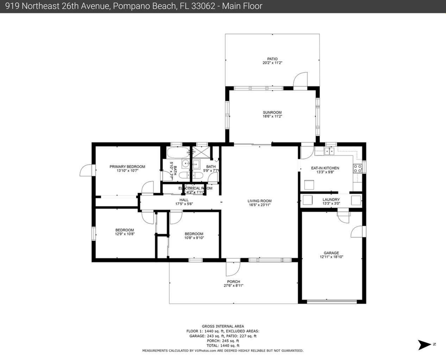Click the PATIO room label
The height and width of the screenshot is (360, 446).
[272, 58]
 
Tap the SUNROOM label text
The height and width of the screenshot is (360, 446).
[272, 112]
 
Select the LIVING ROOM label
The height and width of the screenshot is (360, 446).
[259, 200]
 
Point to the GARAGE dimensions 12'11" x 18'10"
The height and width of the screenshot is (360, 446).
[331, 257]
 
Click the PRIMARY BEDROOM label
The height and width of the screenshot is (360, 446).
[127, 166]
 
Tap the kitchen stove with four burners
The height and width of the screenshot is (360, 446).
[358, 168]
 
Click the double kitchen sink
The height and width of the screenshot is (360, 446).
[330, 150]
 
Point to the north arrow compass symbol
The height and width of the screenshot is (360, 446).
[424, 344]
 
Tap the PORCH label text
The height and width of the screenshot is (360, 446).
[233, 282]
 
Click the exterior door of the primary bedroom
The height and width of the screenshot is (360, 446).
[86, 170]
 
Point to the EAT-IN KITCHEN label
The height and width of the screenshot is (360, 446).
[325, 168]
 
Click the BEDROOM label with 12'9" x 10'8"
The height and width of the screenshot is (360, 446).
[125, 230]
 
